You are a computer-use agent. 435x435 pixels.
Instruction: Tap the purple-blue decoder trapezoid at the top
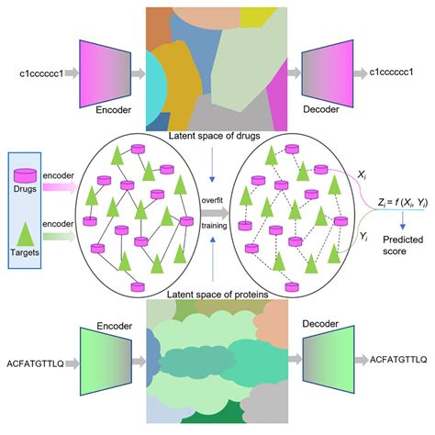coord(325,72)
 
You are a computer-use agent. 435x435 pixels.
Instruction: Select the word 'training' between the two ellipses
coord(218,221)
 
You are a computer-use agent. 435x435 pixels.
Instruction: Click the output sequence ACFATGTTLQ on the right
coord(396,359)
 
